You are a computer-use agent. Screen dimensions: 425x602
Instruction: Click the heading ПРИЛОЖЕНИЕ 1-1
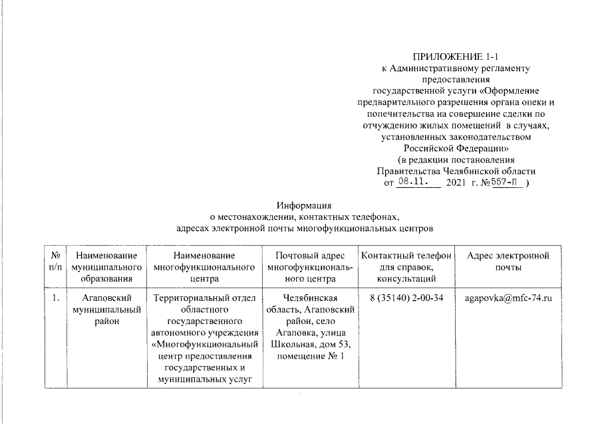tap(456, 56)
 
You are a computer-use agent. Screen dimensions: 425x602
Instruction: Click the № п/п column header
tap(57, 261)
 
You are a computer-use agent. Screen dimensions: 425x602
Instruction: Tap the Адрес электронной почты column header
tap(508, 261)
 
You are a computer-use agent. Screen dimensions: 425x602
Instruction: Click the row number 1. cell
tap(57, 297)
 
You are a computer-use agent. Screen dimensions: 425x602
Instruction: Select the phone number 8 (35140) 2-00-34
tap(406, 297)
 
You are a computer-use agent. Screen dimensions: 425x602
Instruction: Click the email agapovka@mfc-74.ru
tap(508, 297)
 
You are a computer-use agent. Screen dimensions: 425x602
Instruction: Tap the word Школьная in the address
tap(297, 345)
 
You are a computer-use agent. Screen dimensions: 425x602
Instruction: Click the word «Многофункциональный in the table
tap(204, 345)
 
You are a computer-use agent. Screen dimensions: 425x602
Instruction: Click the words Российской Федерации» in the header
tap(456, 148)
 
